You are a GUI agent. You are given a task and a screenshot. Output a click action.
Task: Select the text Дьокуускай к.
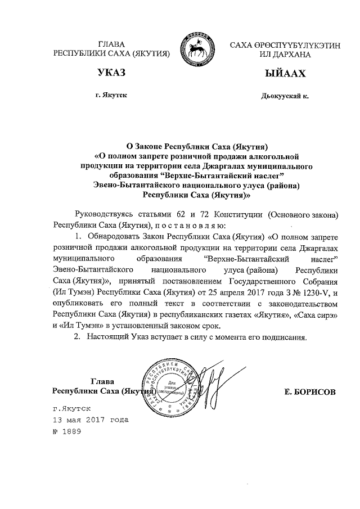[x=285, y=96]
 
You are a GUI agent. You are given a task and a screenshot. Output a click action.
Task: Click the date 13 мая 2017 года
[x=90, y=420]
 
